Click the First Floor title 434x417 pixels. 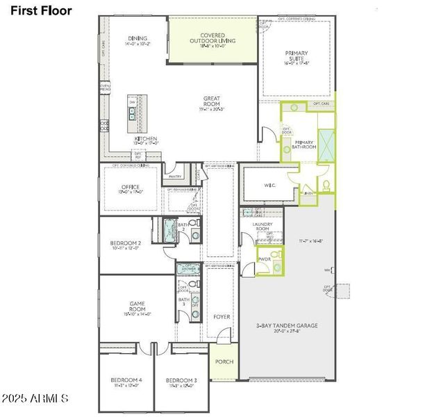[41, 10]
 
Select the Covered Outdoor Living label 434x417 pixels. [212, 38]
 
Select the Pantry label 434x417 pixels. [175, 177]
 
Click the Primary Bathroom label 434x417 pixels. [304, 145]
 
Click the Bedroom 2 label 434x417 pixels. [126, 245]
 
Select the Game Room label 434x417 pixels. [137, 306]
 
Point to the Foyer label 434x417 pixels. [222, 317]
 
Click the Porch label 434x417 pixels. [224, 362]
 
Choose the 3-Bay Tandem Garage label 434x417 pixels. [286, 327]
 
